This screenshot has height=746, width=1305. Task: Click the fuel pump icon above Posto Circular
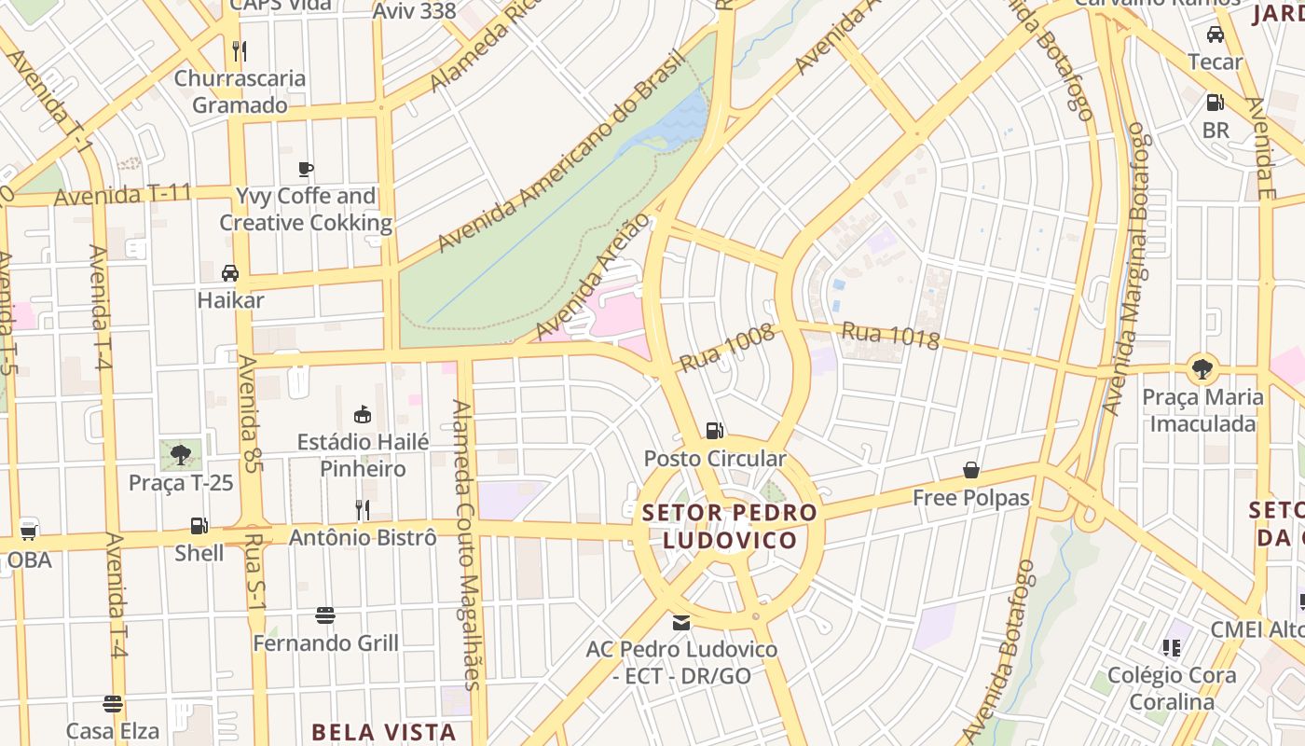pos(714,430)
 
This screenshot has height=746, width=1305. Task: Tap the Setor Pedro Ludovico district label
pos(730,526)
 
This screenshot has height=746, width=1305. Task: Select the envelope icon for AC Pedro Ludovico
pos(681,622)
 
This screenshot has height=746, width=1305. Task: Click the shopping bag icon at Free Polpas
pos(971,470)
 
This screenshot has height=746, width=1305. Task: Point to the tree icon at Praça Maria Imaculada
pos(1202,368)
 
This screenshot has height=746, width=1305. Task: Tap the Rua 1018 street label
pos(890,336)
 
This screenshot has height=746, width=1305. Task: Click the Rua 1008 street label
pos(727,348)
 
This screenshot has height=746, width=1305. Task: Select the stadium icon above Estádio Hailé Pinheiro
pos(363,414)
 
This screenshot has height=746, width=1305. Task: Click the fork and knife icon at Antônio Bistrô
pos(363,509)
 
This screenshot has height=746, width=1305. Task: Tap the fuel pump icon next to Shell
pos(199,526)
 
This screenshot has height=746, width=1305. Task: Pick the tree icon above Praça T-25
pos(180,454)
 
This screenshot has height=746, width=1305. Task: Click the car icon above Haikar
pos(230,273)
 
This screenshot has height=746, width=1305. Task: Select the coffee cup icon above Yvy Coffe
pos(305,169)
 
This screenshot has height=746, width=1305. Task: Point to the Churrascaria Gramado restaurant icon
pos(240,50)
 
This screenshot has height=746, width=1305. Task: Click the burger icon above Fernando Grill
pos(325,615)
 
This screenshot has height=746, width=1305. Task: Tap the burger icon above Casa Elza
pos(113,703)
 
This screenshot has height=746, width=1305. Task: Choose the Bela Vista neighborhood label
pos(384,732)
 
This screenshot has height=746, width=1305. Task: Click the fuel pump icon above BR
pos(1216,103)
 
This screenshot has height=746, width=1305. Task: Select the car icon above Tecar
pos(1216,35)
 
